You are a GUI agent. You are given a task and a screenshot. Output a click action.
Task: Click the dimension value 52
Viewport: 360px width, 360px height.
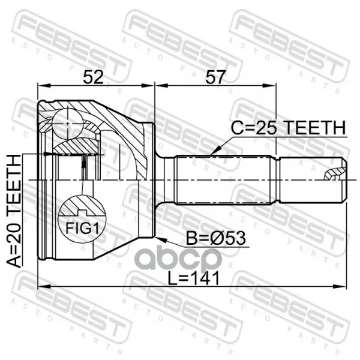coord(93,77)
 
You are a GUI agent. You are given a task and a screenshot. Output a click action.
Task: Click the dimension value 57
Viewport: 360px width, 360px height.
coord(215,77)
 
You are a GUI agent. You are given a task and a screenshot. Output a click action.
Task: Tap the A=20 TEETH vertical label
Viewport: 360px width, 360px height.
coord(14,211)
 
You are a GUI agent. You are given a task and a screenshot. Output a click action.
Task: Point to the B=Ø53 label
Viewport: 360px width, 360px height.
coord(215,238)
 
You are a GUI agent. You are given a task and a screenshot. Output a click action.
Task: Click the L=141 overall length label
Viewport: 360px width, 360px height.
coord(194,278)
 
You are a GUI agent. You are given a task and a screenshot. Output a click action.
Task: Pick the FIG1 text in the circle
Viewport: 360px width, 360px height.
coord(82,228)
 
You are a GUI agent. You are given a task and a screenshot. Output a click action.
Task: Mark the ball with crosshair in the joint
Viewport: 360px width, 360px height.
coord(68,124)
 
